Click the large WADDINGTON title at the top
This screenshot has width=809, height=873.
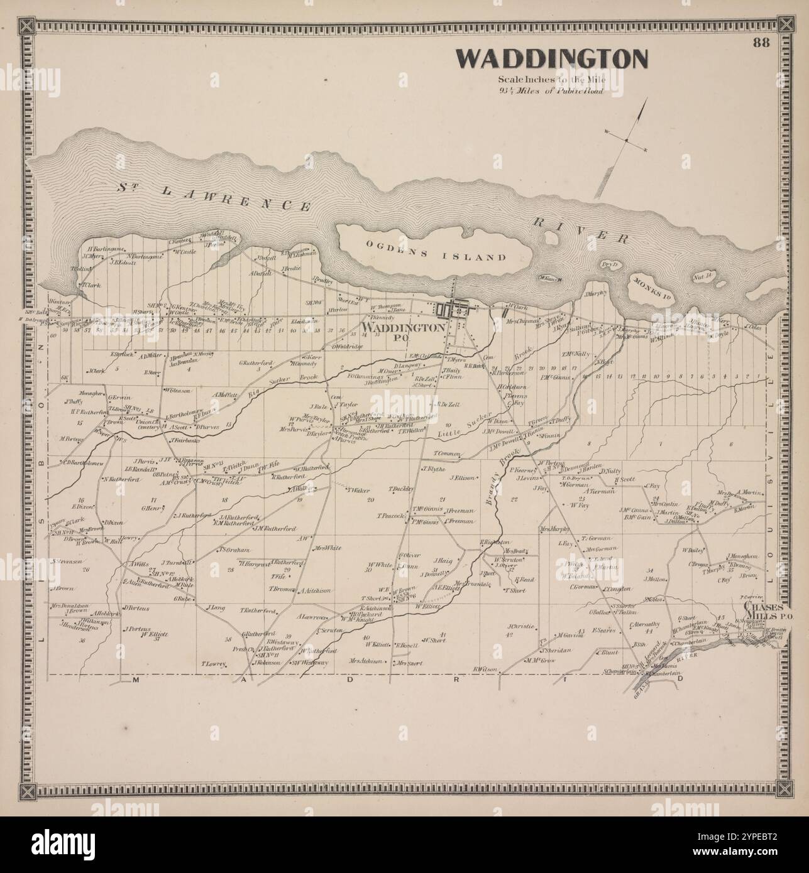point(551,59)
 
